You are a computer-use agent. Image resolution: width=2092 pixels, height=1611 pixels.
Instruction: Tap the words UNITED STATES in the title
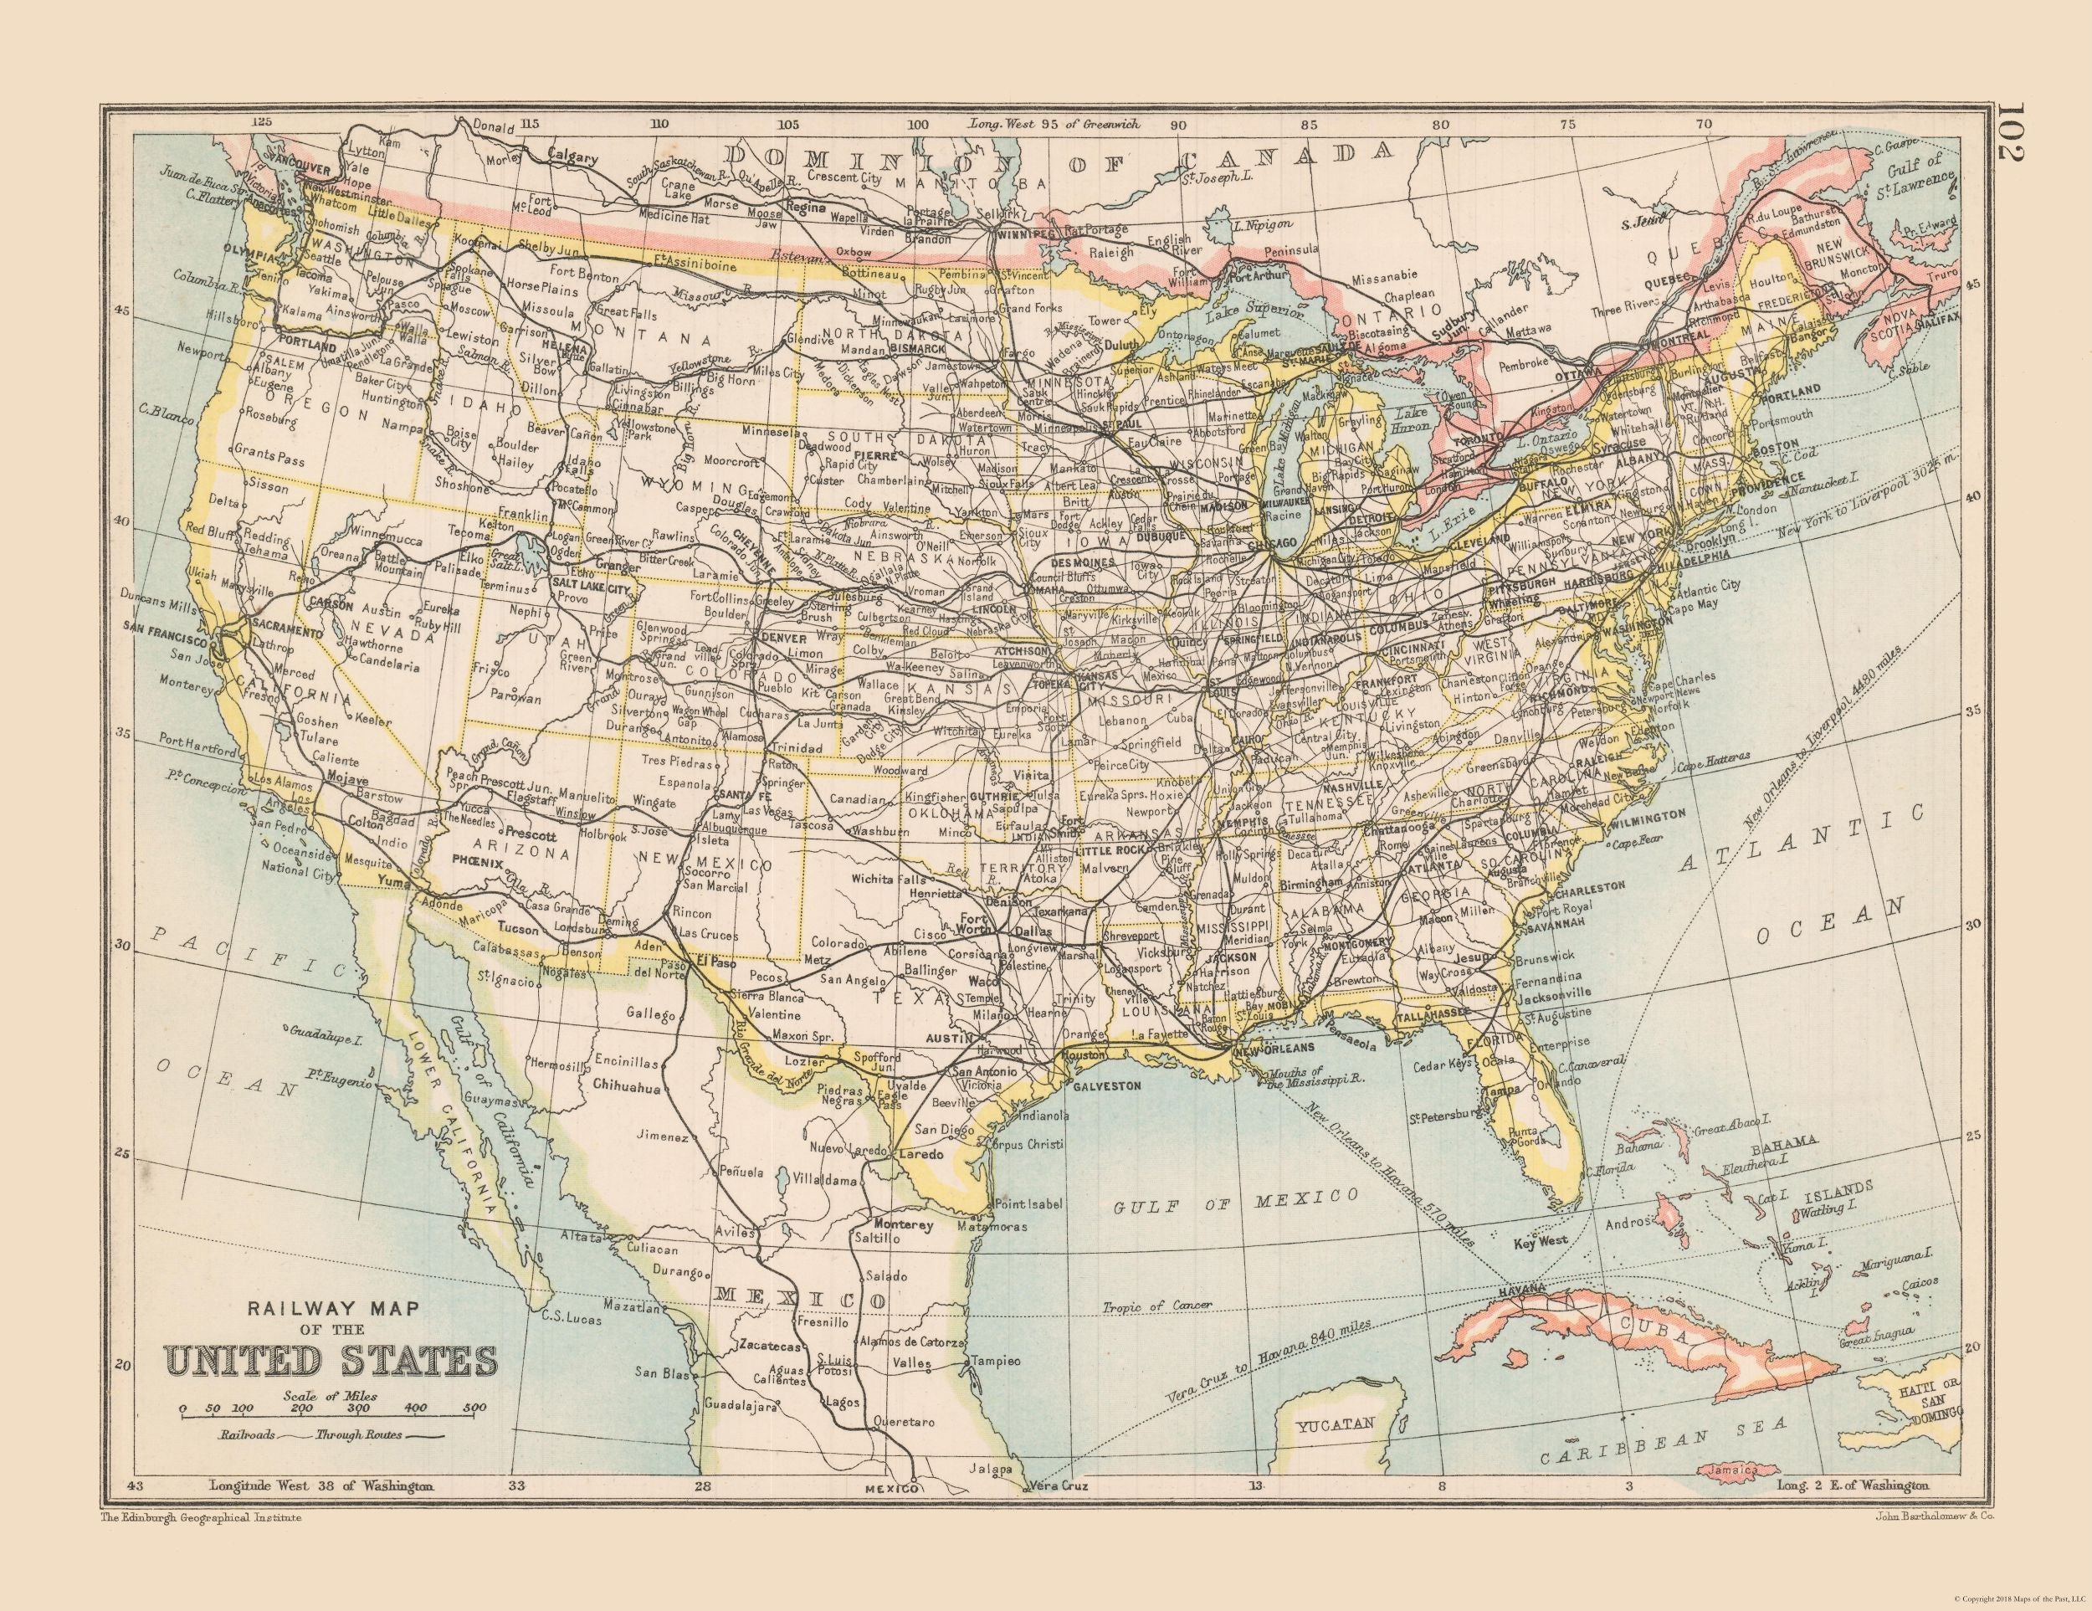click(x=331, y=1361)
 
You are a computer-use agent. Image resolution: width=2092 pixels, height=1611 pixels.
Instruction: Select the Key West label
click(x=1540, y=1244)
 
